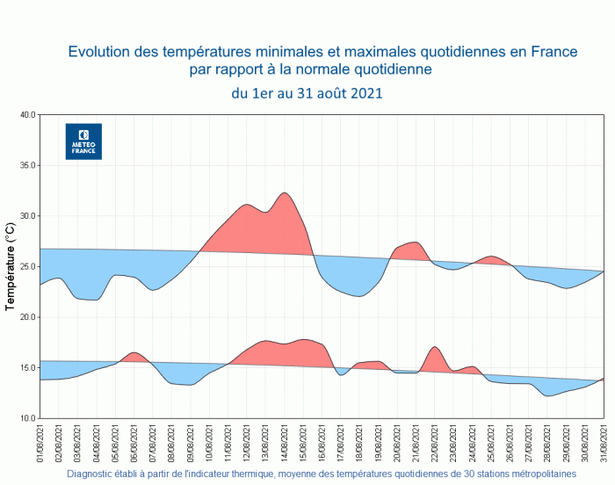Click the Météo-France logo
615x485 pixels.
(84, 141)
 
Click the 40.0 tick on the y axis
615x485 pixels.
(25, 115)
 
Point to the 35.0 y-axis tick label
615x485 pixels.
(25, 165)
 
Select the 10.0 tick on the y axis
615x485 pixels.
(25, 418)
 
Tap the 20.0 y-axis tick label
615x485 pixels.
(25, 317)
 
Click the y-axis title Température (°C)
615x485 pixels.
(10, 266)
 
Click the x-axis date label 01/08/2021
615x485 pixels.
(40, 444)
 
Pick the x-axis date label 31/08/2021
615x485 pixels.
(604, 444)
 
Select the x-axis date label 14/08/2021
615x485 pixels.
(285, 444)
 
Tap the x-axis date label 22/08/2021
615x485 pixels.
(435, 444)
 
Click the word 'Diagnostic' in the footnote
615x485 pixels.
(93, 474)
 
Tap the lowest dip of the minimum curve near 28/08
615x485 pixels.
(548, 395)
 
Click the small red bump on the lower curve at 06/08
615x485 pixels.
(134, 357)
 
